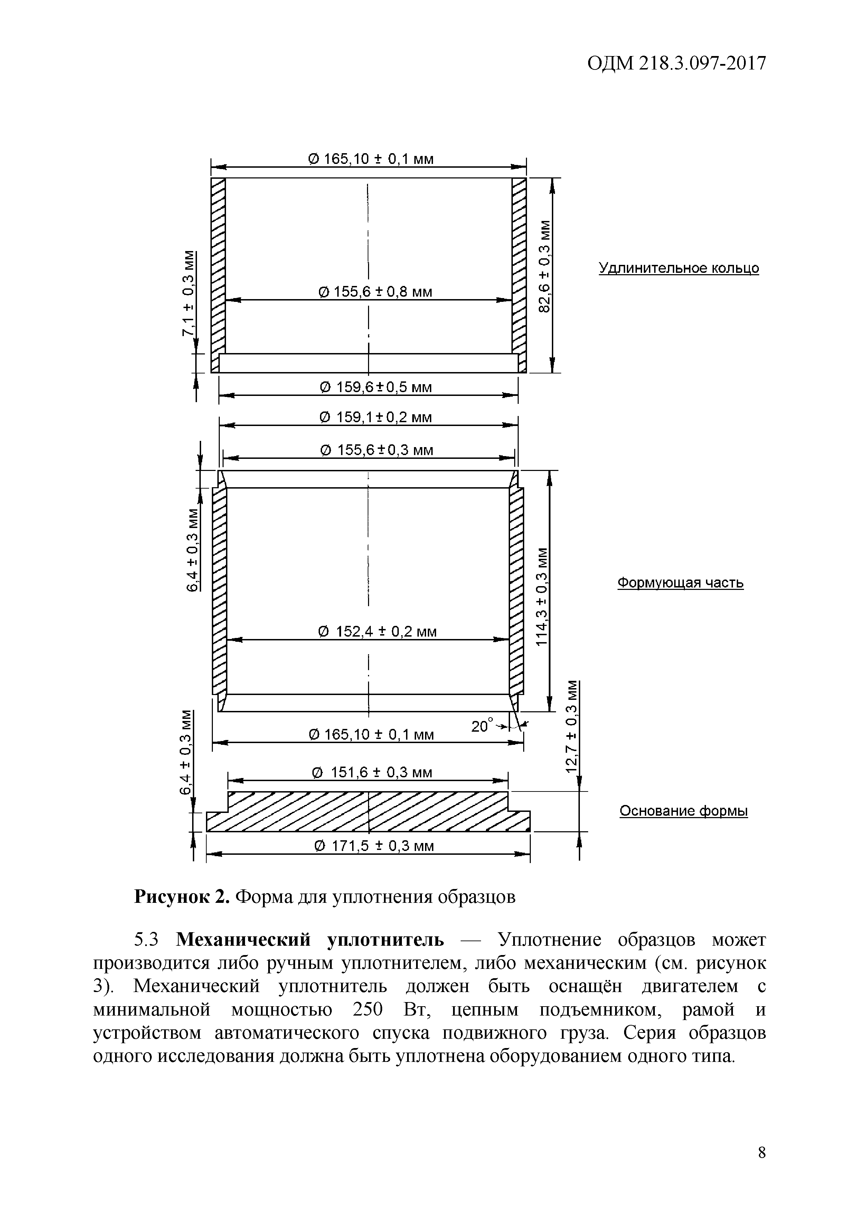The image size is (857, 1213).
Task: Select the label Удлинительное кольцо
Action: (x=679, y=268)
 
